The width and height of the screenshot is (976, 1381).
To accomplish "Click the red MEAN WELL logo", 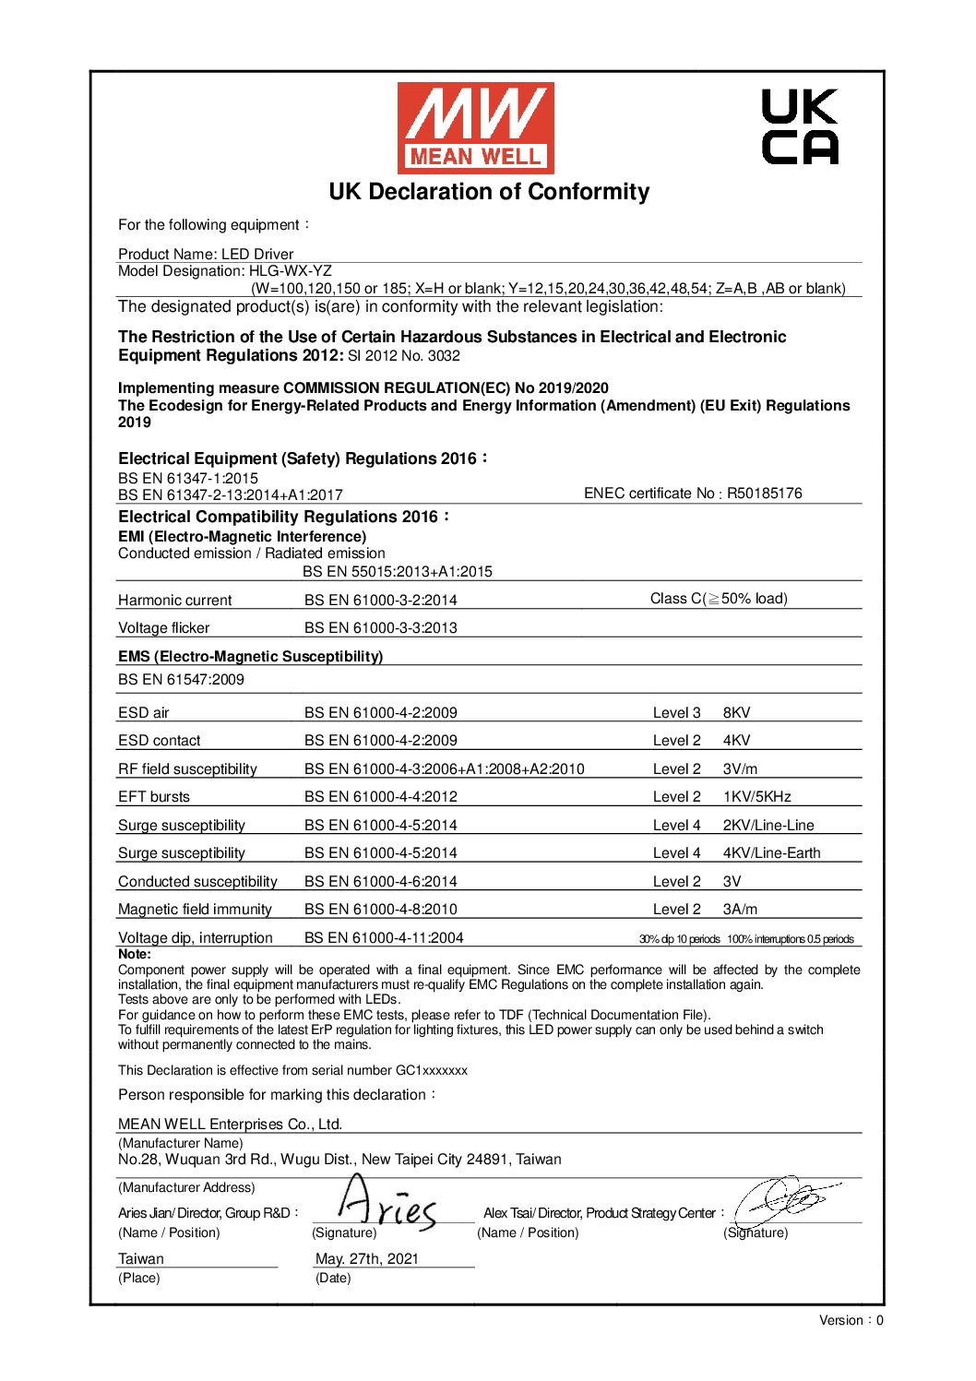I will point(475,127).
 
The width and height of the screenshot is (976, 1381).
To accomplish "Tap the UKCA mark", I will point(800,126).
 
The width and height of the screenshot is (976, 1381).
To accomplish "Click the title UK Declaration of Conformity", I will point(489,192).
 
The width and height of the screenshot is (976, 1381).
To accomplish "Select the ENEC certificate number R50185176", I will point(764,494).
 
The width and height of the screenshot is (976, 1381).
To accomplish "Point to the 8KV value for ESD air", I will point(736,713).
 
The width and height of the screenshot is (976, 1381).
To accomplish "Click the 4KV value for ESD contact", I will point(736,741).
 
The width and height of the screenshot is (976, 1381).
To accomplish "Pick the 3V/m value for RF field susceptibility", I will point(740,769).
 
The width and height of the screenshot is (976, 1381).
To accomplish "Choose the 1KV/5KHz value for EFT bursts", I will point(756,797).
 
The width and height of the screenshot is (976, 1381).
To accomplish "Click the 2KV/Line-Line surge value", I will point(768,826).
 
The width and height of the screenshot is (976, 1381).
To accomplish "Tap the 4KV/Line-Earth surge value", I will point(771,853).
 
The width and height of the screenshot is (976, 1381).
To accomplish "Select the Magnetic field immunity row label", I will point(195,910).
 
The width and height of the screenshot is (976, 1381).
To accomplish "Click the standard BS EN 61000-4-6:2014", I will point(380,882).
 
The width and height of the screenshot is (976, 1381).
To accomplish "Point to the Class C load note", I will point(719,599).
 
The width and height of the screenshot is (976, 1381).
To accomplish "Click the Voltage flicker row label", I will point(163,628).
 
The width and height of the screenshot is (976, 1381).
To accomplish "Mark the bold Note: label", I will point(134,955).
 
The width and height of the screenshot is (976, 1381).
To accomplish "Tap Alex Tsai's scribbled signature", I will point(784,1199).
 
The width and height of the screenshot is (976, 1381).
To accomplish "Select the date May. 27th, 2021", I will point(366,1259).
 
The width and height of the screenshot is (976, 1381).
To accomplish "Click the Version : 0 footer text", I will point(851,1320).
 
